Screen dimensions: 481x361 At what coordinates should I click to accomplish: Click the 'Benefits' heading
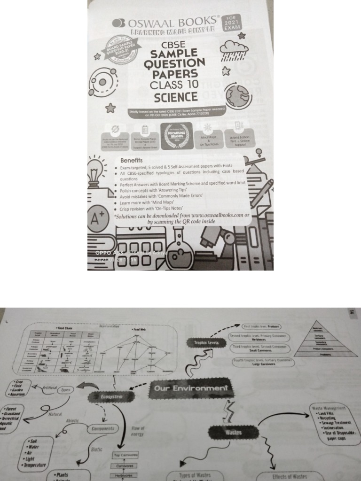point(131,160)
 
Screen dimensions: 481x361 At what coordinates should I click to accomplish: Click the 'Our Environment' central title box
point(190,388)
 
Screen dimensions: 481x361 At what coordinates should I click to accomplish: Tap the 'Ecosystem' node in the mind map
point(111,397)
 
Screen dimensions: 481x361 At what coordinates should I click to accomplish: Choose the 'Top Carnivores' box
point(125,455)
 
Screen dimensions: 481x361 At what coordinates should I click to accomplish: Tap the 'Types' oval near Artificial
point(66,389)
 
